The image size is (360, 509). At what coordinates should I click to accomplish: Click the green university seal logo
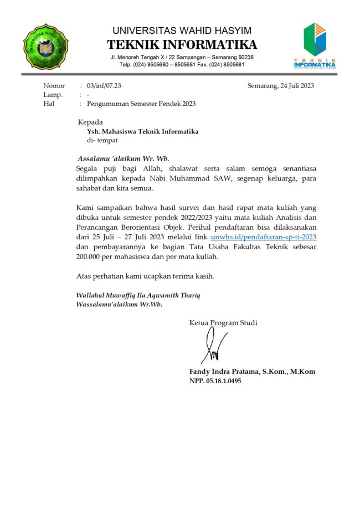[x=45, y=47]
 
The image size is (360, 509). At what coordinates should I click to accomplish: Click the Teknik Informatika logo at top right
[x=315, y=45]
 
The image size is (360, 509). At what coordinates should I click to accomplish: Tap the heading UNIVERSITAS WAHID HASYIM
[x=182, y=30]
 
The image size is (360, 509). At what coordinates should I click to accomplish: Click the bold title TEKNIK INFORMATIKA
[x=182, y=44]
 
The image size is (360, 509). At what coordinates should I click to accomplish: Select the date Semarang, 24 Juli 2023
[x=281, y=86]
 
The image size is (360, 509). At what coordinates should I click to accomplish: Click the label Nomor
[x=54, y=86]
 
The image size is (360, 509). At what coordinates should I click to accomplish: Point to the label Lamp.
[x=53, y=95]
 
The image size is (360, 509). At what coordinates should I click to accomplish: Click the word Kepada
[x=90, y=122]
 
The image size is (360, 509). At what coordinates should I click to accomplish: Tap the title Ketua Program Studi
[x=223, y=323]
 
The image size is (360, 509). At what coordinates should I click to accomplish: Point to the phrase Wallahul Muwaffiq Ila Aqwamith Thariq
[x=138, y=295]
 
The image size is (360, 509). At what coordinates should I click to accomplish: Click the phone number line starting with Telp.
[x=182, y=65]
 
